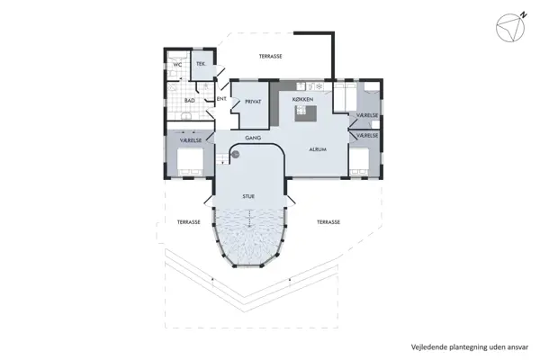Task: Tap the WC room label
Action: (x=177, y=65)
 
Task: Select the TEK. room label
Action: (x=201, y=65)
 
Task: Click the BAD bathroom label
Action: (x=190, y=100)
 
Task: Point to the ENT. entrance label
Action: (x=220, y=99)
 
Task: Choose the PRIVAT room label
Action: (x=253, y=102)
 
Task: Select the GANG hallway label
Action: (x=254, y=139)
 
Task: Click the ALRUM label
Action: (x=317, y=149)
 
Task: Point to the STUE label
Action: (x=248, y=195)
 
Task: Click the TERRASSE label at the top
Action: (x=271, y=56)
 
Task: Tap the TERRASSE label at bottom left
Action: (x=188, y=220)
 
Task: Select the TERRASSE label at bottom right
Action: (x=328, y=220)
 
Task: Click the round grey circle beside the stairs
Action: (x=235, y=154)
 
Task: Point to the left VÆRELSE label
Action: (x=191, y=140)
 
